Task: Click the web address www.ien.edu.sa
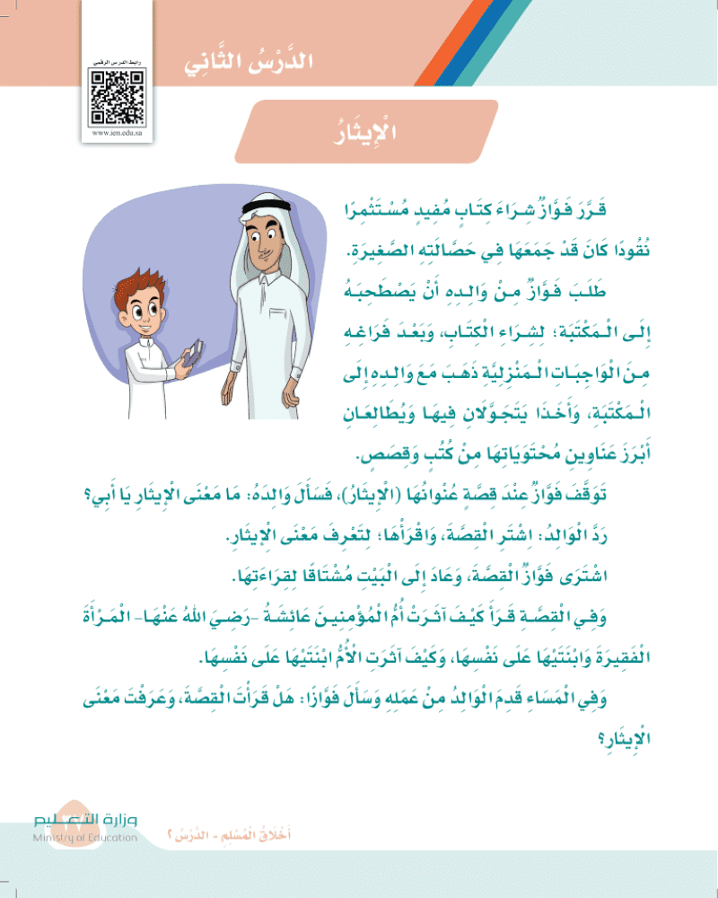[x=118, y=133]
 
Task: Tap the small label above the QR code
[x=117, y=59]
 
